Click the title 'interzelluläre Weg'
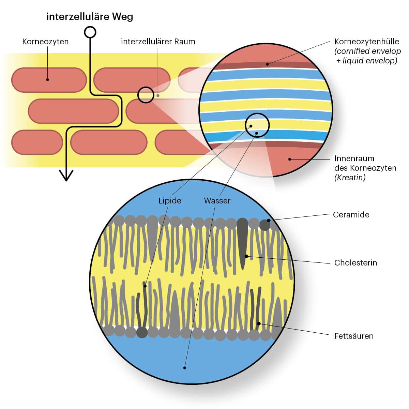tap(90, 17)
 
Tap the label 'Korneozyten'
tap(45, 42)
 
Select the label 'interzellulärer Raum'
tap(158, 42)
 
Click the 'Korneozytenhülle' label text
tap(367, 42)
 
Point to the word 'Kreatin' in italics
tap(350, 177)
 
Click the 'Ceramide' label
tap(351, 215)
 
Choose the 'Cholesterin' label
tap(355, 263)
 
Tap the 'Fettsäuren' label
tap(354, 336)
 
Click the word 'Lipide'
tap(170, 201)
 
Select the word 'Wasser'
tap(217, 201)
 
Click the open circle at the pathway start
tap(90, 32)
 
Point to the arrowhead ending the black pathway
tap(66, 176)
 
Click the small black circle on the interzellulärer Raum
tap(146, 95)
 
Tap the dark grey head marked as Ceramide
tap(264, 225)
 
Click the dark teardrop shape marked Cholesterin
tap(242, 242)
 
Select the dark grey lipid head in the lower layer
tap(142, 332)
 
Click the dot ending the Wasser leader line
tap(185, 368)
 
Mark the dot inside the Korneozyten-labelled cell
tap(48, 80)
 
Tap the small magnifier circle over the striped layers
tap(257, 125)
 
